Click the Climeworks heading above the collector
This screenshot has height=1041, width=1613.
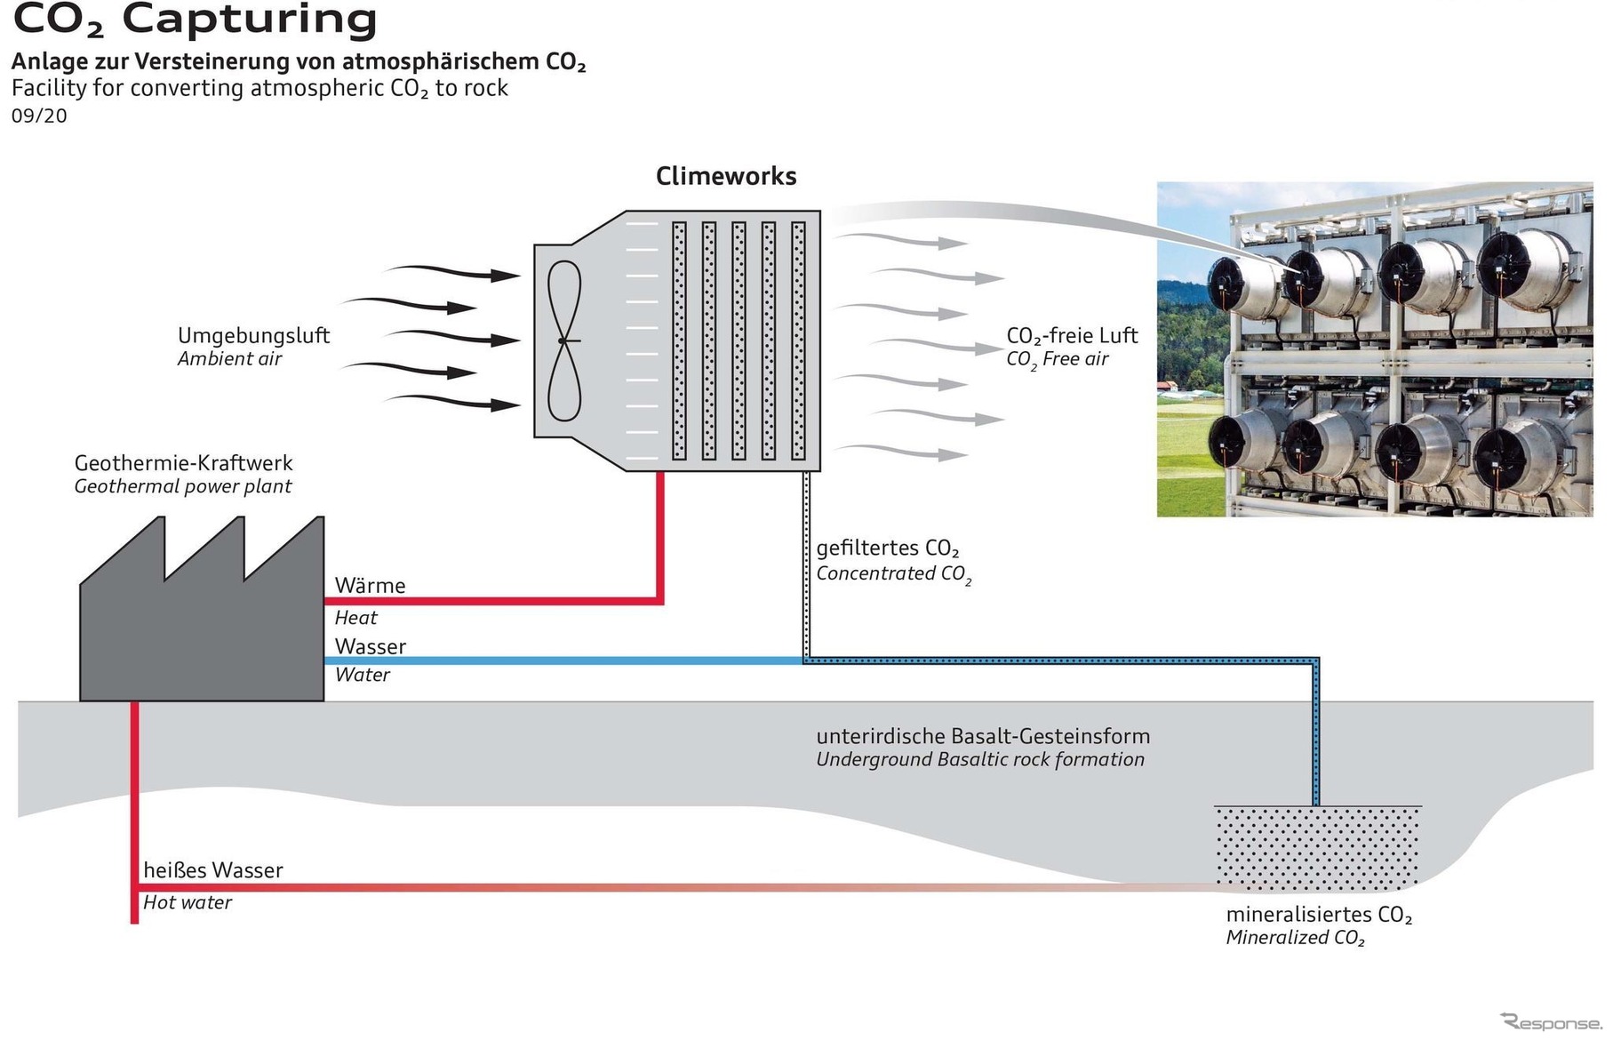(x=725, y=176)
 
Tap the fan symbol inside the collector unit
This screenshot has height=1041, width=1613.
(x=563, y=340)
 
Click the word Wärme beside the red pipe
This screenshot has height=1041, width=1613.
(x=370, y=586)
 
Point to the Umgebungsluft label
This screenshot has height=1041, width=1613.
(x=253, y=336)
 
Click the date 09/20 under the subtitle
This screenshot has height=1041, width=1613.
(x=39, y=116)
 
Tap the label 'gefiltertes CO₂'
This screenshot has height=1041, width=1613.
(x=887, y=549)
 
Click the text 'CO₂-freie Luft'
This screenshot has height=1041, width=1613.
(x=1071, y=336)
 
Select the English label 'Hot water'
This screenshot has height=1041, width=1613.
(x=188, y=902)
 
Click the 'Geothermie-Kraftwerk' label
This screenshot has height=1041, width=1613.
(x=183, y=463)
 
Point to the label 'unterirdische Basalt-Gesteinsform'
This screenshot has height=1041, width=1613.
(x=983, y=736)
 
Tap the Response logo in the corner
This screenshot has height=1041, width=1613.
(x=1551, y=1022)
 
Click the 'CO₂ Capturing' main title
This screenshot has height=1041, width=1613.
(x=195, y=20)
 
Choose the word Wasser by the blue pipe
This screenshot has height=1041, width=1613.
(x=370, y=646)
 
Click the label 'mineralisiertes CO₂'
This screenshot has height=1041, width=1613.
(x=1319, y=915)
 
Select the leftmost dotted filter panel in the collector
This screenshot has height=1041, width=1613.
(x=679, y=340)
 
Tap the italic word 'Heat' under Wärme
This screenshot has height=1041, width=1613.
(x=355, y=618)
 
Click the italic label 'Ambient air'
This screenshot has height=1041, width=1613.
(x=229, y=359)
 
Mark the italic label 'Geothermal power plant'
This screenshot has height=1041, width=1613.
(x=182, y=486)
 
